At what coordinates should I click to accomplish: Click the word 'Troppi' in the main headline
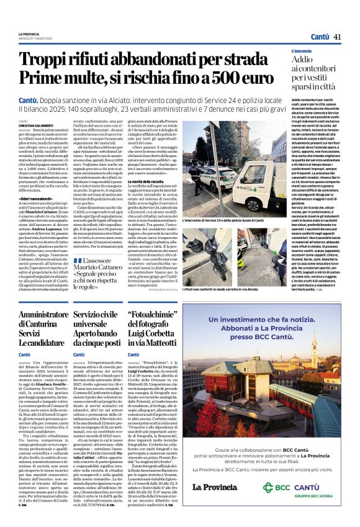[x=46, y=60]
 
